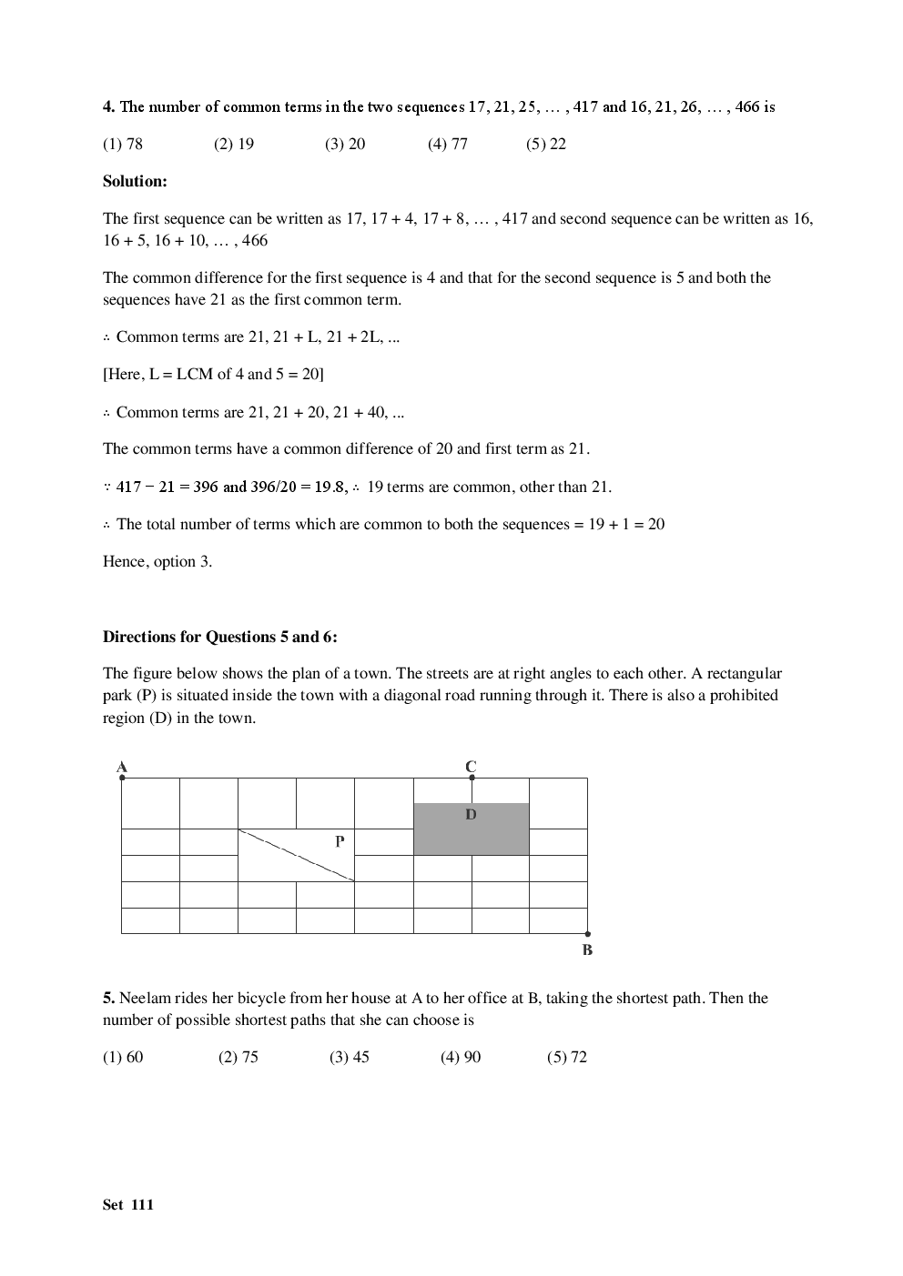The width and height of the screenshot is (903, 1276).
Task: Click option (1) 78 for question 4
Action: click(123, 144)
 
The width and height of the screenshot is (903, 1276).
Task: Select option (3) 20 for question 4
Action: click(345, 144)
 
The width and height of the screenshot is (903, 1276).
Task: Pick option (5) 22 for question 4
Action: click(546, 144)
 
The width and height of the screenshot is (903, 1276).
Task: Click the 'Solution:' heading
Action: click(135, 181)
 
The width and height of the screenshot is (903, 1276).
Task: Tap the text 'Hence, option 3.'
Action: click(157, 561)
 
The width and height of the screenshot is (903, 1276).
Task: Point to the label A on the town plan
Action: click(122, 768)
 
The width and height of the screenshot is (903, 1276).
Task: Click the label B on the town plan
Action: click(587, 949)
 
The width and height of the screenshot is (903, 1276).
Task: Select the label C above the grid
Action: click(471, 767)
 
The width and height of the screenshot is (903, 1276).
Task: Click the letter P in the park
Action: click(340, 841)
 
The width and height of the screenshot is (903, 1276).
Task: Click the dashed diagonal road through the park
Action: click(296, 855)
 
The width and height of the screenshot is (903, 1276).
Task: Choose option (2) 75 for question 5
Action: click(238, 1057)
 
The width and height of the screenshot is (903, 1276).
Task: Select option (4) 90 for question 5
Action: click(461, 1057)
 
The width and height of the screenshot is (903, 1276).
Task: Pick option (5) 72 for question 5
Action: click(567, 1057)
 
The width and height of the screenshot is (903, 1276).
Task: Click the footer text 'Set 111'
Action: click(128, 1205)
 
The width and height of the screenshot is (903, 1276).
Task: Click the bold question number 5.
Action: click(107, 998)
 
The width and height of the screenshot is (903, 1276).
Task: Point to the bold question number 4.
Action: click(107, 106)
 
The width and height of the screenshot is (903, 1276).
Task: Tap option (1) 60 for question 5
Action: click(123, 1057)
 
